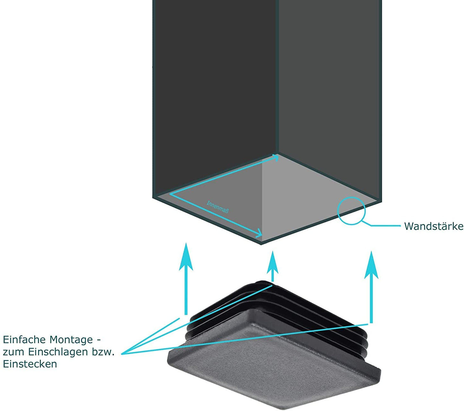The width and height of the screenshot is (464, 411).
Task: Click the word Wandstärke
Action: tap(433, 226)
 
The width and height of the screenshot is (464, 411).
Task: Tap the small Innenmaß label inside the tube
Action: tap(217, 207)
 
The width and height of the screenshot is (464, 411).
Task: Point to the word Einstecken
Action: tap(30, 364)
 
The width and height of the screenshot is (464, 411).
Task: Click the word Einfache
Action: tap(24, 340)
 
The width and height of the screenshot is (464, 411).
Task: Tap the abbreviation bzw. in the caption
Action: tap(103, 352)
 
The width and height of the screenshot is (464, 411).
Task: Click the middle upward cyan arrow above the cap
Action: tap(273, 266)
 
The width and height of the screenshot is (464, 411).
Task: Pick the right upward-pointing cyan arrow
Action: tap(371, 287)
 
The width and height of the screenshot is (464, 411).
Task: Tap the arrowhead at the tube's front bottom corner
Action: tap(259, 233)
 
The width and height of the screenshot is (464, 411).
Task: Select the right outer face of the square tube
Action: tap(330, 92)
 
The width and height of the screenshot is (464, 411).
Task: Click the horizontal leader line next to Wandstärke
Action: tap(386, 225)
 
